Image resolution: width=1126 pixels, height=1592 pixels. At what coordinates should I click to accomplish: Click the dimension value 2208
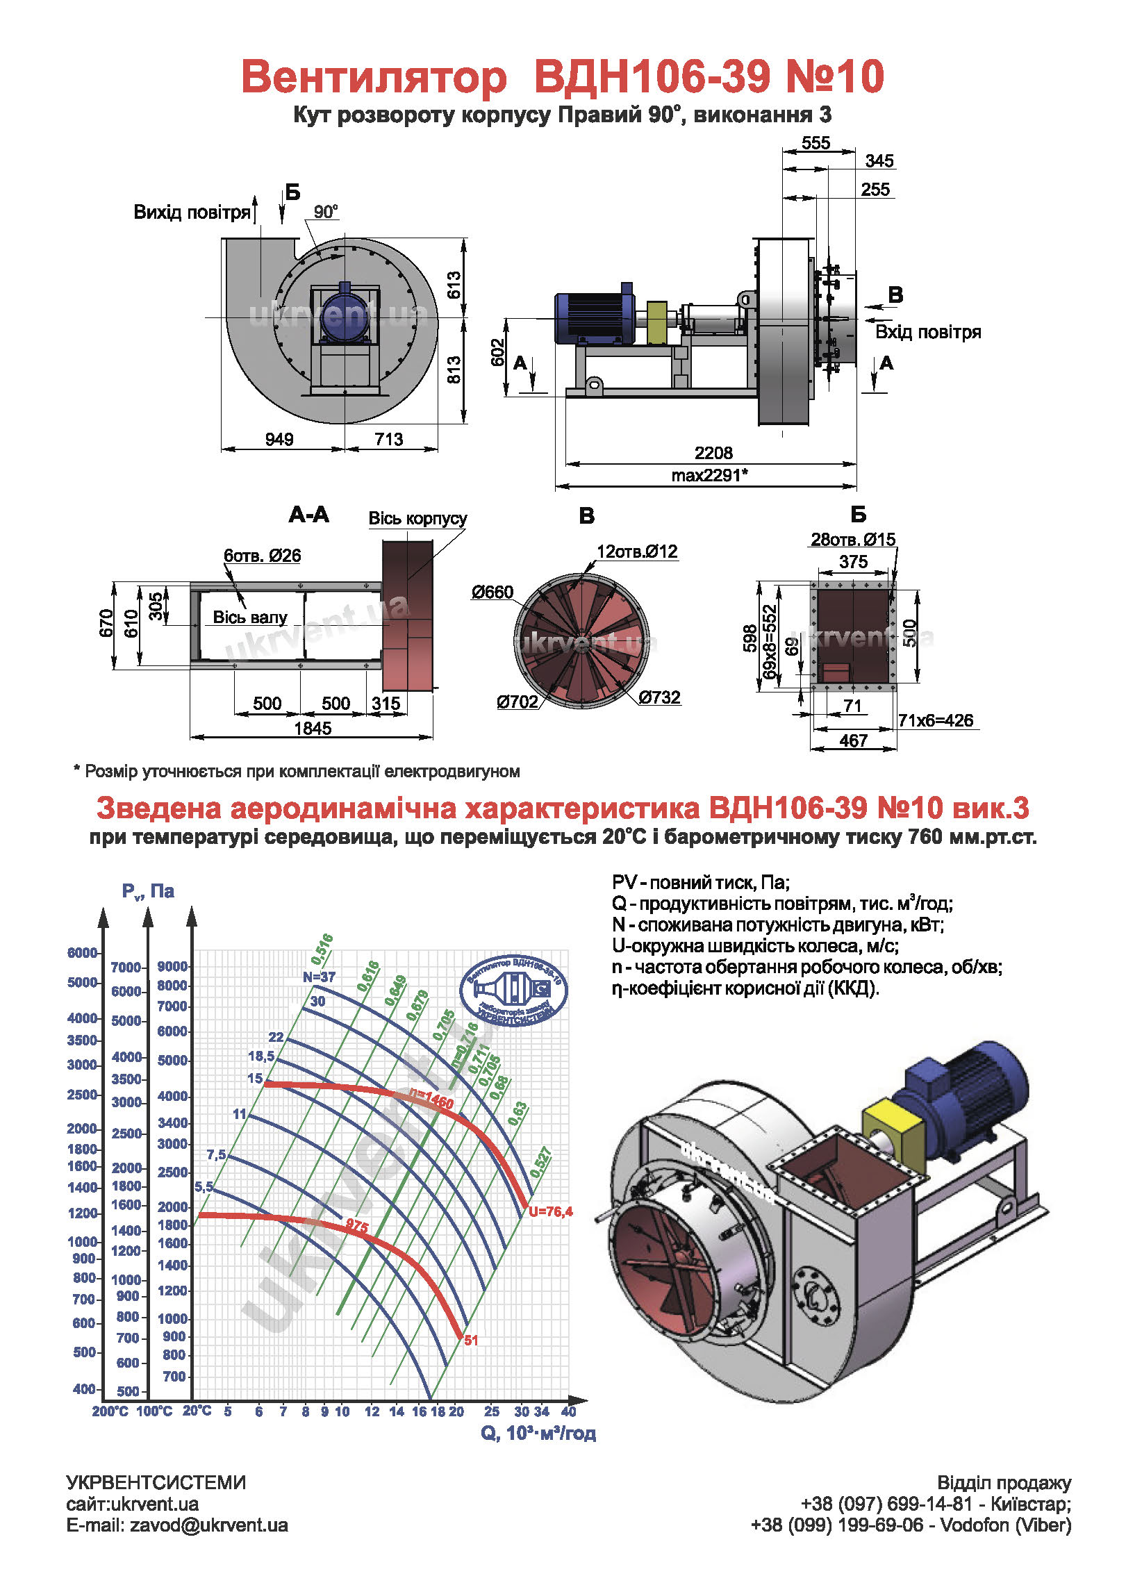pyautogui.click(x=713, y=453)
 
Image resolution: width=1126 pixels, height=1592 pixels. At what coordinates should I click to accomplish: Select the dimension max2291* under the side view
pyautogui.click(x=709, y=475)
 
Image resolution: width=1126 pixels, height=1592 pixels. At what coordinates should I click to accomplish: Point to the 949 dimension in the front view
pyautogui.click(x=279, y=439)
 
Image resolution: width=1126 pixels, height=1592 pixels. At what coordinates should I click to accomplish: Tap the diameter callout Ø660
pyautogui.click(x=492, y=592)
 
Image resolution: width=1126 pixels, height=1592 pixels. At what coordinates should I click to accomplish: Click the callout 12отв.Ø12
pyautogui.click(x=637, y=552)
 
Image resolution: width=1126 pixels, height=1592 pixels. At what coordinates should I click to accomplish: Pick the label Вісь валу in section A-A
pyautogui.click(x=250, y=617)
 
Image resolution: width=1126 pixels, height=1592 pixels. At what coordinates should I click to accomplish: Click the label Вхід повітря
pyautogui.click(x=928, y=332)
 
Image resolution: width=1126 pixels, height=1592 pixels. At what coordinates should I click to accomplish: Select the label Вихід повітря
pyautogui.click(x=192, y=213)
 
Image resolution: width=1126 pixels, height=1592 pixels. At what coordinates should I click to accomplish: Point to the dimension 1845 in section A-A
pyautogui.click(x=313, y=728)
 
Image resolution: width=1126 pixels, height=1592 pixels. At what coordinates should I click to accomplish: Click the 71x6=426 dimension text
pyautogui.click(x=936, y=720)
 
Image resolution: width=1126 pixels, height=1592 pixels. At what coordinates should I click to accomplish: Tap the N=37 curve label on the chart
pyautogui.click(x=319, y=977)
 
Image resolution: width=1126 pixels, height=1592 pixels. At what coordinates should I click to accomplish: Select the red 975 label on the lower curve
pyautogui.click(x=356, y=1226)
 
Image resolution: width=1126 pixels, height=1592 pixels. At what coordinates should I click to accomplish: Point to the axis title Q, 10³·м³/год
pyautogui.click(x=538, y=1433)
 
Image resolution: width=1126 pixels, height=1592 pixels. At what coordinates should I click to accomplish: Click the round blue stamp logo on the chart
pyautogui.click(x=513, y=990)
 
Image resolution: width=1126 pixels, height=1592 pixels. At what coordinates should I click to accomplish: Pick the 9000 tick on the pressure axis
pyautogui.click(x=172, y=966)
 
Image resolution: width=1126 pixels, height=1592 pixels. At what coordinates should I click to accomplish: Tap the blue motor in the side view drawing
pyautogui.click(x=595, y=317)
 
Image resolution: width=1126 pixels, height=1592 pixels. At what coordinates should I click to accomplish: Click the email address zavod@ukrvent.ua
pyautogui.click(x=209, y=1525)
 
